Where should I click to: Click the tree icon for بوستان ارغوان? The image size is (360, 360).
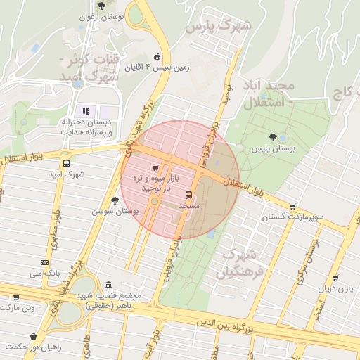coord(102,6)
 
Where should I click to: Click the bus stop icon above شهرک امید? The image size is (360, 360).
coord(67,164)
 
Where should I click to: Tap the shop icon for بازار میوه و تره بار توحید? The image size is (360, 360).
coord(155,169)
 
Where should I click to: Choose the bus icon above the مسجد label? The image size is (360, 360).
coord(188,195)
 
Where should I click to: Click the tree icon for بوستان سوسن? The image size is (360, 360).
coord(115,200)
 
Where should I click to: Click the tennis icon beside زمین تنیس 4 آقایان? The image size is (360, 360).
coord(157,57)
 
